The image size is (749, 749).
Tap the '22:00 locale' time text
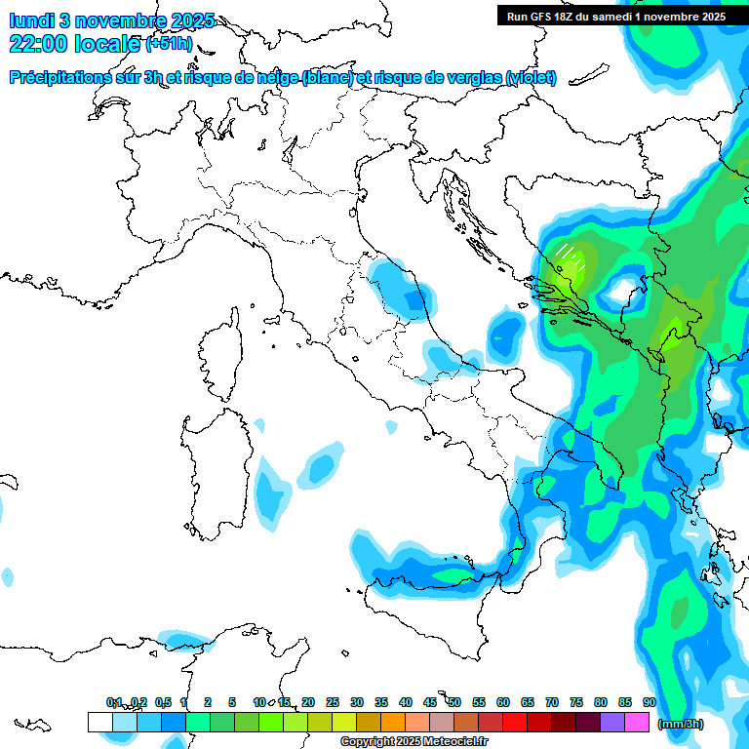point(74,44)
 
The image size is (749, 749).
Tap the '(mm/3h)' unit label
point(681,724)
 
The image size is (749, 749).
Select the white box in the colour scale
point(99,723)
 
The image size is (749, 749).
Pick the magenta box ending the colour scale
point(637,723)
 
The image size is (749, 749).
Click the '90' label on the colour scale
point(650,702)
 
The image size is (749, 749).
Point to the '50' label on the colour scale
point(454,702)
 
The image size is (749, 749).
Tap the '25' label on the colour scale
point(333,702)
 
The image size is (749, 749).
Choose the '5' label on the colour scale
point(232,702)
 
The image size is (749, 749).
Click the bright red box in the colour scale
point(515,723)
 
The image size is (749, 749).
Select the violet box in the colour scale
point(612,723)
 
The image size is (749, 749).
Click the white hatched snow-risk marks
point(571,256)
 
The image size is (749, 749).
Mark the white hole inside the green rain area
point(619,291)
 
